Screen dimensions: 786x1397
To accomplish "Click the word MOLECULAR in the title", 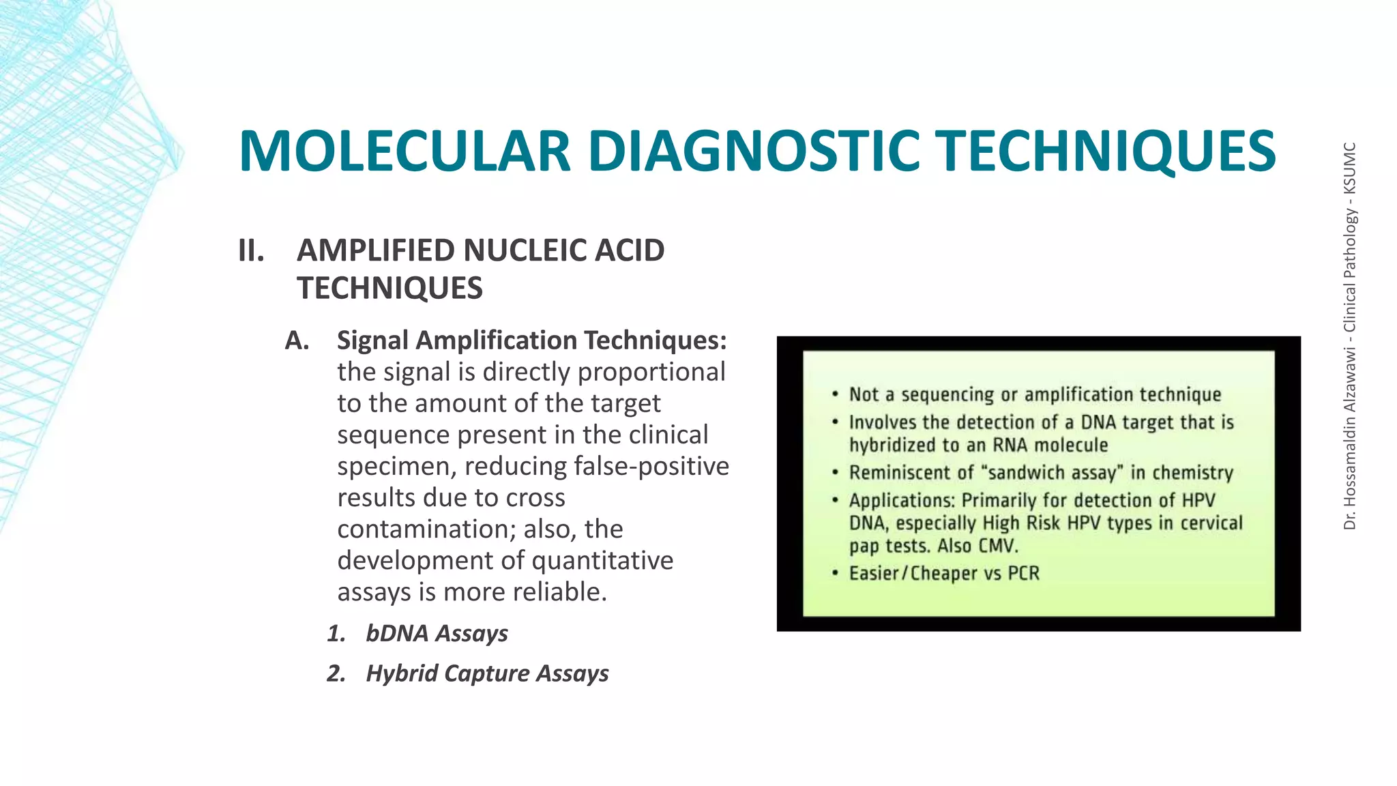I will (405, 151).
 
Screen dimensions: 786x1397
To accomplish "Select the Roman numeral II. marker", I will (251, 250).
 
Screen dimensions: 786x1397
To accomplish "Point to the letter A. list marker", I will (297, 340).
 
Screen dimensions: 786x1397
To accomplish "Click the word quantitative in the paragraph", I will (602, 560).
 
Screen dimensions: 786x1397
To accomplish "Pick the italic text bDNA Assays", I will (437, 633).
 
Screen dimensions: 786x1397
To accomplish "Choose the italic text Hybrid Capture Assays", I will (487, 673).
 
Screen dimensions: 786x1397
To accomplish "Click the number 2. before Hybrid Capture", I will (336, 673).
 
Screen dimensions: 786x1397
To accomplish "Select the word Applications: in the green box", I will (902, 500).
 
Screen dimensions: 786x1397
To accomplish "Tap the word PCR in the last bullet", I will (1023, 573).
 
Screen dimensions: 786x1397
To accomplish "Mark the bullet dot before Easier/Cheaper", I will (835, 573).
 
